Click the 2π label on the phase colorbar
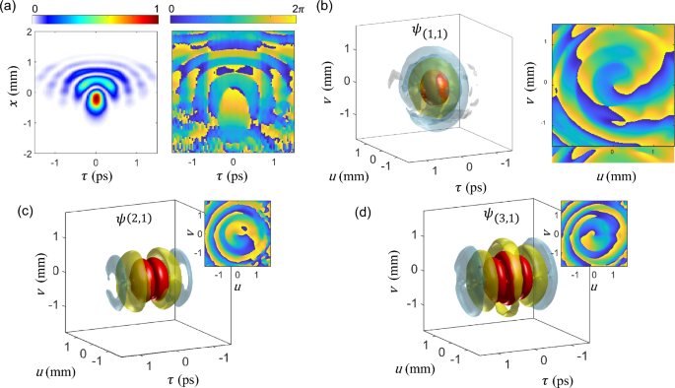(x=298, y=8)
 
